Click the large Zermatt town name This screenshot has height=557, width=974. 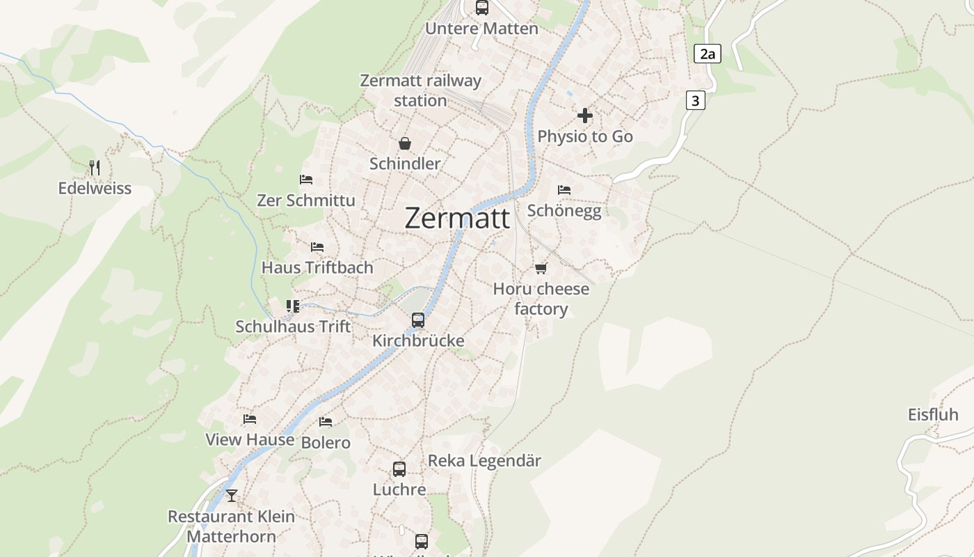click(x=457, y=218)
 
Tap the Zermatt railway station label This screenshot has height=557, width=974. click(x=420, y=91)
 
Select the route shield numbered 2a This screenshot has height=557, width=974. click(x=708, y=54)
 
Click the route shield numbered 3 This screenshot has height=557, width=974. click(x=695, y=100)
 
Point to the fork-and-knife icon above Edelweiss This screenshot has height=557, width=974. click(x=95, y=167)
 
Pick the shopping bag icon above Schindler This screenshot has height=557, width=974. click(x=405, y=143)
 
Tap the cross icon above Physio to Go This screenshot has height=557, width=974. click(x=585, y=116)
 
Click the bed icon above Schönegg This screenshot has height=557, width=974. click(x=564, y=189)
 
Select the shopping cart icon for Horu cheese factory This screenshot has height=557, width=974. click(x=541, y=268)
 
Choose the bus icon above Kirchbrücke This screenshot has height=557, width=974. click(x=418, y=320)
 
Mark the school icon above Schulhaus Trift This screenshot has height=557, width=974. click(x=293, y=306)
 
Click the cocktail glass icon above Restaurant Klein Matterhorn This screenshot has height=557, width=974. click(x=232, y=496)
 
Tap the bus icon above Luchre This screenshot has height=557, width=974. click(x=399, y=469)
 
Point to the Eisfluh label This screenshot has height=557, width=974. click(x=933, y=415)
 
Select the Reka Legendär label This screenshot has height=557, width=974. click(x=484, y=461)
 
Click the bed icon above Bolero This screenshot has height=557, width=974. click(x=326, y=422)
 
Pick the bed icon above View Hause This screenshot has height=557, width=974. click(x=250, y=419)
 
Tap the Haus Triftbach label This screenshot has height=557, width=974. click(x=317, y=267)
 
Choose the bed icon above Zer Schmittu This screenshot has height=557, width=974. click(x=306, y=180)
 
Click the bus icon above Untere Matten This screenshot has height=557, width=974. click(x=482, y=8)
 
